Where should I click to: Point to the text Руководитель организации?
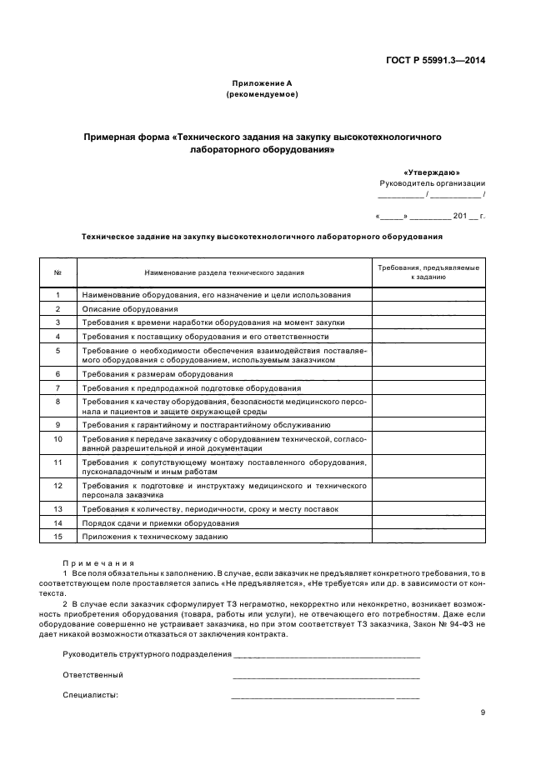pyautogui.click(x=432, y=182)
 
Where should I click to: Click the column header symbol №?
pyautogui.click(x=58, y=272)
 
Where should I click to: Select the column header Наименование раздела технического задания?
pyautogui.click(x=224, y=272)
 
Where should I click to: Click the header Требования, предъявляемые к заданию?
pyautogui.click(x=428, y=272)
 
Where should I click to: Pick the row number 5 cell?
pyautogui.click(x=58, y=351)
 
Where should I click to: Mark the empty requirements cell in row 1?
pyautogui.click(x=428, y=295)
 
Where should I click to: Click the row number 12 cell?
pyautogui.click(x=58, y=484)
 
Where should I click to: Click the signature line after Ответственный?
pyautogui.click(x=326, y=676)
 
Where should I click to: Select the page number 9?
pyautogui.click(x=483, y=712)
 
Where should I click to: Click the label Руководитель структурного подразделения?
pyautogui.click(x=147, y=655)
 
